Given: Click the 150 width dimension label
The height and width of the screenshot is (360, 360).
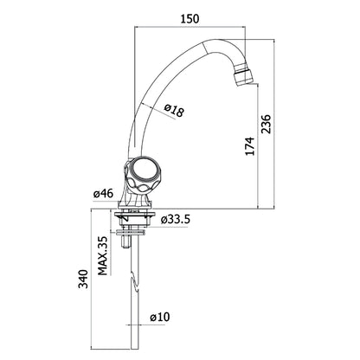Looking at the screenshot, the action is coord(190,19).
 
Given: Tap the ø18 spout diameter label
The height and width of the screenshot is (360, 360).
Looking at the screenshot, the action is coord(174,111).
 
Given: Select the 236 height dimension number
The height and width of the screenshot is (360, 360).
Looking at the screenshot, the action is coord(267,124).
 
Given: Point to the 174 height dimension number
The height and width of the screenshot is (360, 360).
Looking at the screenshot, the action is coord(250,146).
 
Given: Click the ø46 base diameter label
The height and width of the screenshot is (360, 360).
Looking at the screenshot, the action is coord(103,194).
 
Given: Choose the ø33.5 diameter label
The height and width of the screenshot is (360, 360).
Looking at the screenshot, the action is coord(176,220).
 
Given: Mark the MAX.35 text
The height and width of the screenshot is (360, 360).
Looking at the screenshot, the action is coord(102,255).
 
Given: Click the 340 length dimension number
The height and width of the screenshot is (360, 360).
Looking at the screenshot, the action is coord(84,279).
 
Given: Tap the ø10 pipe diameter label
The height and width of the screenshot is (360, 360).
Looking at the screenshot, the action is coord(160,318).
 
